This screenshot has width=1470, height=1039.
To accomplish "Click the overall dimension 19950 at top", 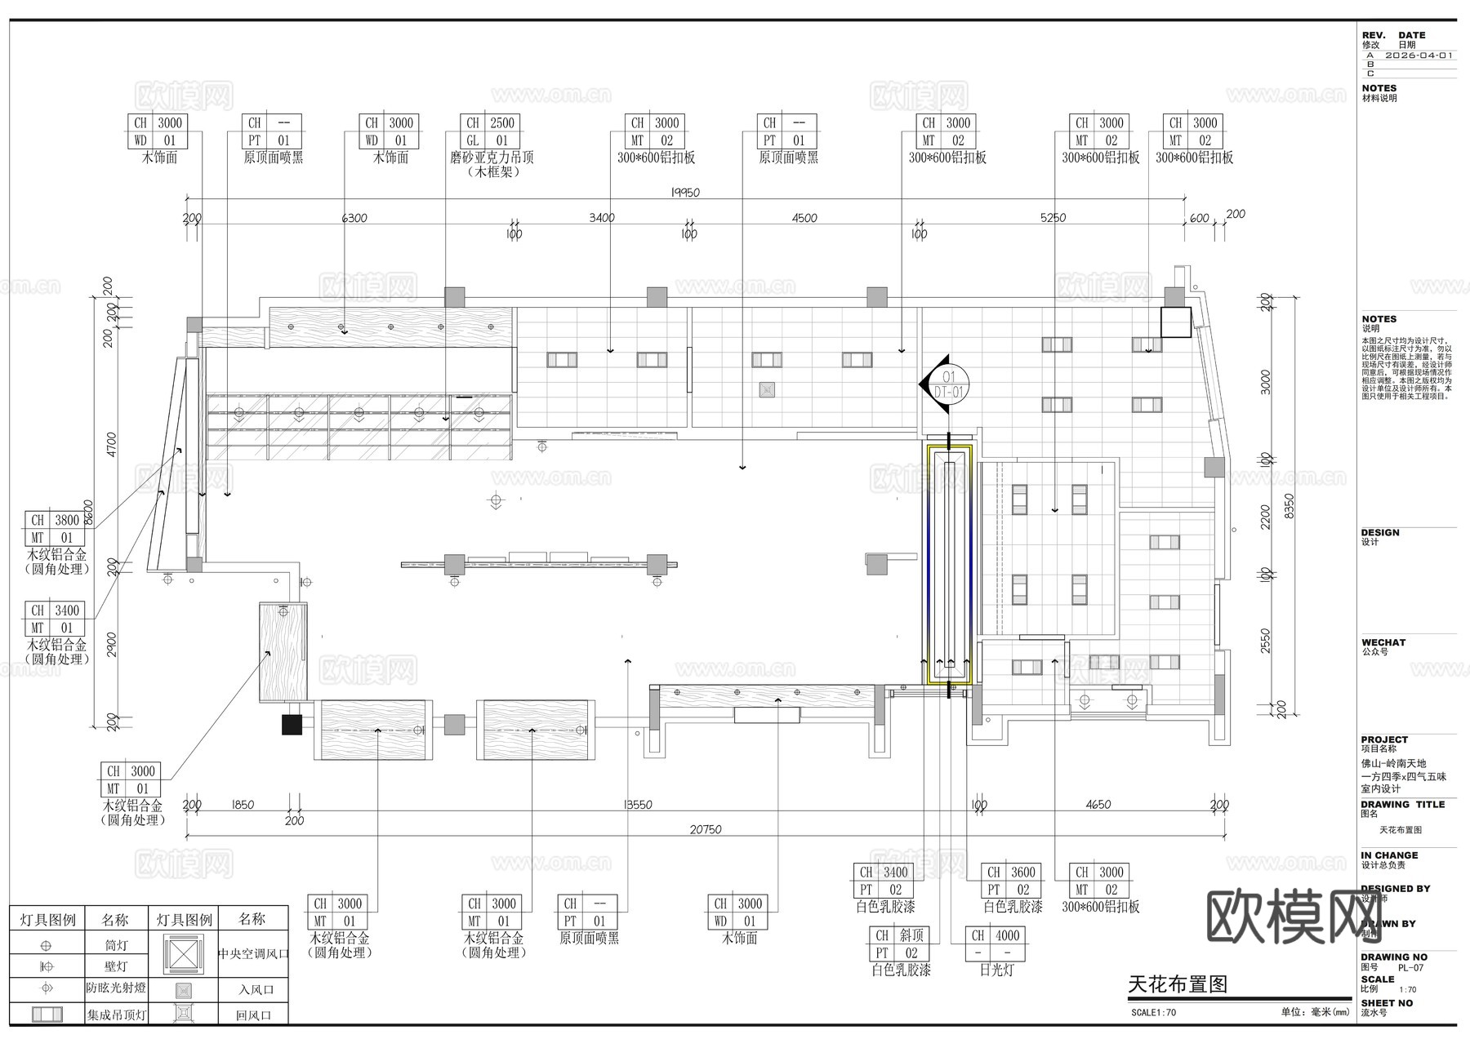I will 685,193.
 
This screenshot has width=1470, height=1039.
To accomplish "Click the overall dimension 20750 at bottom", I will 706,829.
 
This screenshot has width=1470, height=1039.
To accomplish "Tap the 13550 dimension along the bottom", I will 638,805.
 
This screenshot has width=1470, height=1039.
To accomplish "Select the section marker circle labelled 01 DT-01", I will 948,384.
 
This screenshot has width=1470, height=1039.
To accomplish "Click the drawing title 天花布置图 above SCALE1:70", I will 1178,984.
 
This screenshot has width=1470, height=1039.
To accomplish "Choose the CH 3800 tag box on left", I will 55,529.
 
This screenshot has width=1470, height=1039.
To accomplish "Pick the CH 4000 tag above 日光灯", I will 996,944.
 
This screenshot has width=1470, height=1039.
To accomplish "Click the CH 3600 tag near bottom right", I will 1011,881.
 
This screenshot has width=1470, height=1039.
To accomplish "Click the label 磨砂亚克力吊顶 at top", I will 492,158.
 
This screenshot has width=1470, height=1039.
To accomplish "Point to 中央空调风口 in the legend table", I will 253,953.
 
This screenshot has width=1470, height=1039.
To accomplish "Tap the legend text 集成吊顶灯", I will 117,1015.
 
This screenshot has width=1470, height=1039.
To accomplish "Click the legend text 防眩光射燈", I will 116,988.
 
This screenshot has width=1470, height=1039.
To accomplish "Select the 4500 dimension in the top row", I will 804,218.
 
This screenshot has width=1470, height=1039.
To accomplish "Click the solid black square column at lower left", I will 292,724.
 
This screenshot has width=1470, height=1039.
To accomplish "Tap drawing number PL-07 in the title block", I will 1410,968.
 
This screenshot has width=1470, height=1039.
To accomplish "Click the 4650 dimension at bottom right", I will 1098,805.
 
